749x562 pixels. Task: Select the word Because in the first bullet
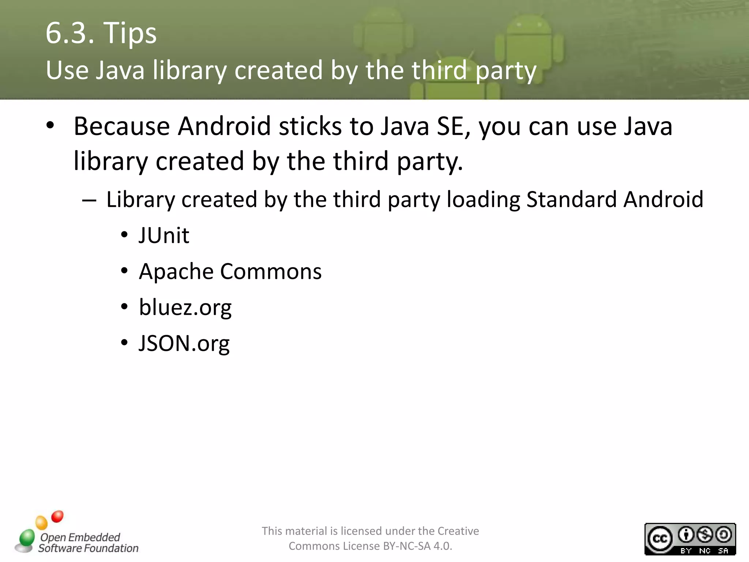coord(122,126)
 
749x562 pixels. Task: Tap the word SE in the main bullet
coord(449,126)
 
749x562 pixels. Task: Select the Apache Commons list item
coord(230,271)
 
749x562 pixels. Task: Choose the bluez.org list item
coord(185,307)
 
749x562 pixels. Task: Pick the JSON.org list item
coord(184,343)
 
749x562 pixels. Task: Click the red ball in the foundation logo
coord(57,516)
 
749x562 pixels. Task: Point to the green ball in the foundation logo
coord(27,538)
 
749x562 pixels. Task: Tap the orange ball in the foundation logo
coord(42,522)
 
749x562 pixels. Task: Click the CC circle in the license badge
coord(660,539)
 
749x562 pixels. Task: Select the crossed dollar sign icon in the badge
coord(705,535)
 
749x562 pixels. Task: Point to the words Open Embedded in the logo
coord(80,537)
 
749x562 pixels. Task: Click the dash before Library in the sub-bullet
coord(89,201)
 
